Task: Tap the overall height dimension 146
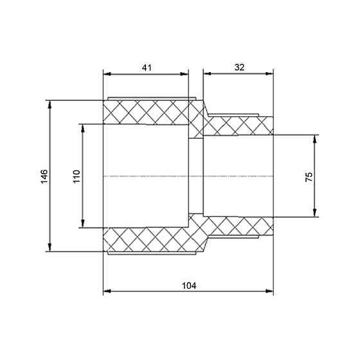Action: click(x=44, y=176)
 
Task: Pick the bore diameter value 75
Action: click(x=309, y=176)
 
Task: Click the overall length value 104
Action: click(x=188, y=285)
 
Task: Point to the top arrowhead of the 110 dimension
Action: click(x=82, y=126)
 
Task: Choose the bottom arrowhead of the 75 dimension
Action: click(x=315, y=213)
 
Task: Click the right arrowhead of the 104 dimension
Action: click(x=270, y=293)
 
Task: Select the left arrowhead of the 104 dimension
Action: click(x=106, y=293)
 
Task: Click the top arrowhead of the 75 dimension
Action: click(x=315, y=138)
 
